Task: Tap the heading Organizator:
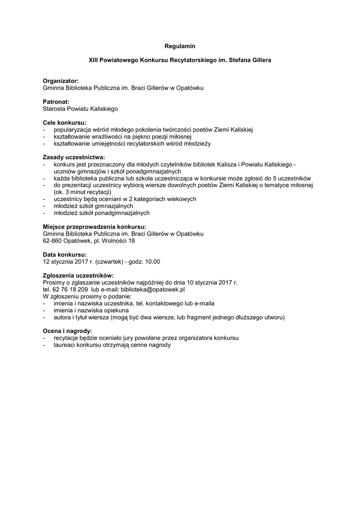pyautogui.click(x=61, y=81)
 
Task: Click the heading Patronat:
pyautogui.click(x=56, y=101)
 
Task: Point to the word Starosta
pyautogui.click(x=54, y=108)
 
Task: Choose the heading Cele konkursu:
pyautogui.click(x=65, y=122)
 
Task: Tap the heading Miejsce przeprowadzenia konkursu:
pyautogui.click(x=94, y=227)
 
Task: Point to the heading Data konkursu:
pyautogui.click(x=65, y=254)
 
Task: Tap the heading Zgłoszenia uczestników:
pyautogui.click(x=79, y=275)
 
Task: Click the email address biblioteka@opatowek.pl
pyautogui.click(x=156, y=289)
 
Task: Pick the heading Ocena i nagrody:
pyautogui.click(x=67, y=331)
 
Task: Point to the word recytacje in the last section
pyautogui.click(x=67, y=338)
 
